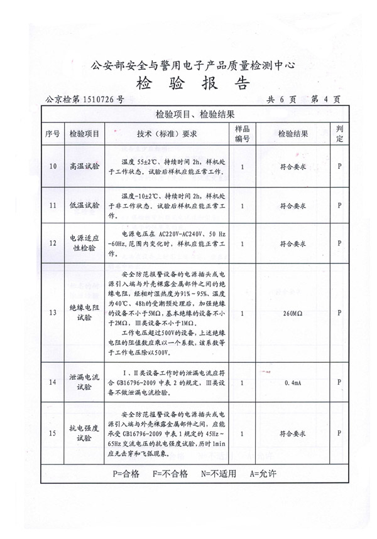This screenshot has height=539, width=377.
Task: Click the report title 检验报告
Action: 192,84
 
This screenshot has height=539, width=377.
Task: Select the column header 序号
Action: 52,134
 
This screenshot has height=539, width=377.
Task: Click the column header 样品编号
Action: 243,134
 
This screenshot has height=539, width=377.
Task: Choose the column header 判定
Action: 339,134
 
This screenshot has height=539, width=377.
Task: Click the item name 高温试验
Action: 85,166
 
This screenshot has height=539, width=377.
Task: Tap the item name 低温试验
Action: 85,205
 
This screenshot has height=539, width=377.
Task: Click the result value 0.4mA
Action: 293,382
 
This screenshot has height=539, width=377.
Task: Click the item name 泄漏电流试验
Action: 85,382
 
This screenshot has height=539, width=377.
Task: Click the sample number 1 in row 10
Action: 243,166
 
